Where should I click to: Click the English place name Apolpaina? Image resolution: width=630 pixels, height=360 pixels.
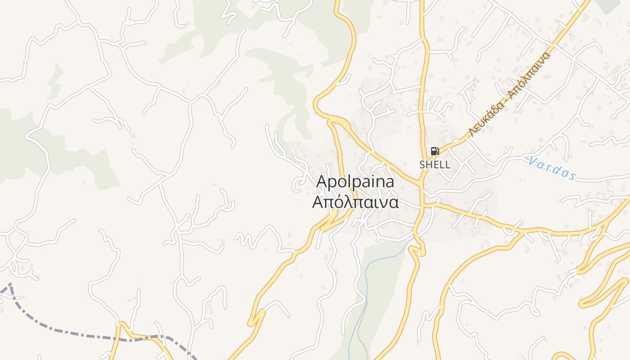tap(355, 182)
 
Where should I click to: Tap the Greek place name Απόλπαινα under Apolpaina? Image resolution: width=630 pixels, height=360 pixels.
tap(355, 202)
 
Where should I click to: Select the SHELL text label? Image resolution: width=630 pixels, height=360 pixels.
tap(435, 165)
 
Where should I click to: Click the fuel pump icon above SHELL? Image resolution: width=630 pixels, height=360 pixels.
tap(435, 151)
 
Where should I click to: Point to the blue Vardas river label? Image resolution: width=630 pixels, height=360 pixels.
tap(552, 168)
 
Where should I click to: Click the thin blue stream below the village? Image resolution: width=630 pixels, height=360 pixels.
tap(365, 288)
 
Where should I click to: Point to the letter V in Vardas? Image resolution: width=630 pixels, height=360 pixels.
tap(533, 161)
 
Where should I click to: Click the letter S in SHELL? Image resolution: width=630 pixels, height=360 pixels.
tap(423, 165)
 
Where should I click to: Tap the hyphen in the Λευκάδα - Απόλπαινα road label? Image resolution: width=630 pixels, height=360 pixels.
tap(505, 99)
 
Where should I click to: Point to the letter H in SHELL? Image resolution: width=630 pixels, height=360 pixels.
tap(429, 165)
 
